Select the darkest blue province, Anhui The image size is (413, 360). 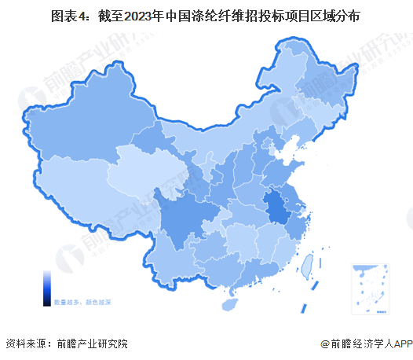[276, 208]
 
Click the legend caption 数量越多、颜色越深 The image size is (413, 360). [82, 301]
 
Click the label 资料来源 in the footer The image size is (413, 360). [25, 343]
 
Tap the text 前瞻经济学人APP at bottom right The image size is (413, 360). [372, 343]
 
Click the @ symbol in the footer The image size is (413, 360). [324, 343]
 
